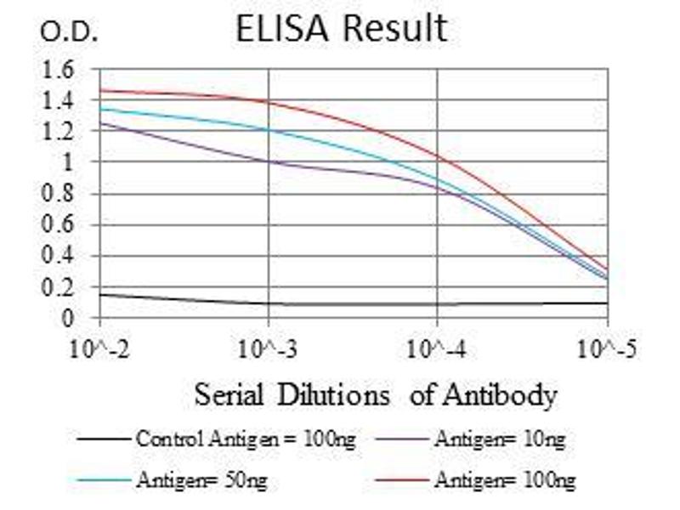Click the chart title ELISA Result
point(341,28)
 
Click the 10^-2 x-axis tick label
point(100,348)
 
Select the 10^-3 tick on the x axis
point(269,348)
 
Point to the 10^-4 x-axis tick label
point(437,348)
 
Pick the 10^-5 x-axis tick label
point(607,348)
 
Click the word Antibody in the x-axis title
point(507,395)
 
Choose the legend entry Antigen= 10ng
point(500,439)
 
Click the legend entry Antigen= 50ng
point(201,480)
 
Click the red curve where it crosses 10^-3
point(269,102)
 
